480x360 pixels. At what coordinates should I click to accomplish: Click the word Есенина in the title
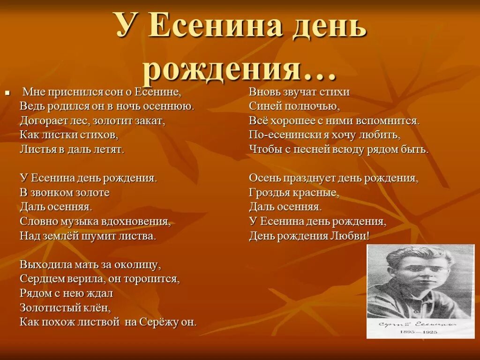[x=216, y=27]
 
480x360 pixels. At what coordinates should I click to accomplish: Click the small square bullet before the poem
[x=7, y=93]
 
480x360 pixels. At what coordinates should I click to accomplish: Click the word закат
[x=149, y=121]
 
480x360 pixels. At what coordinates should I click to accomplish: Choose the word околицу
[x=137, y=265]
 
